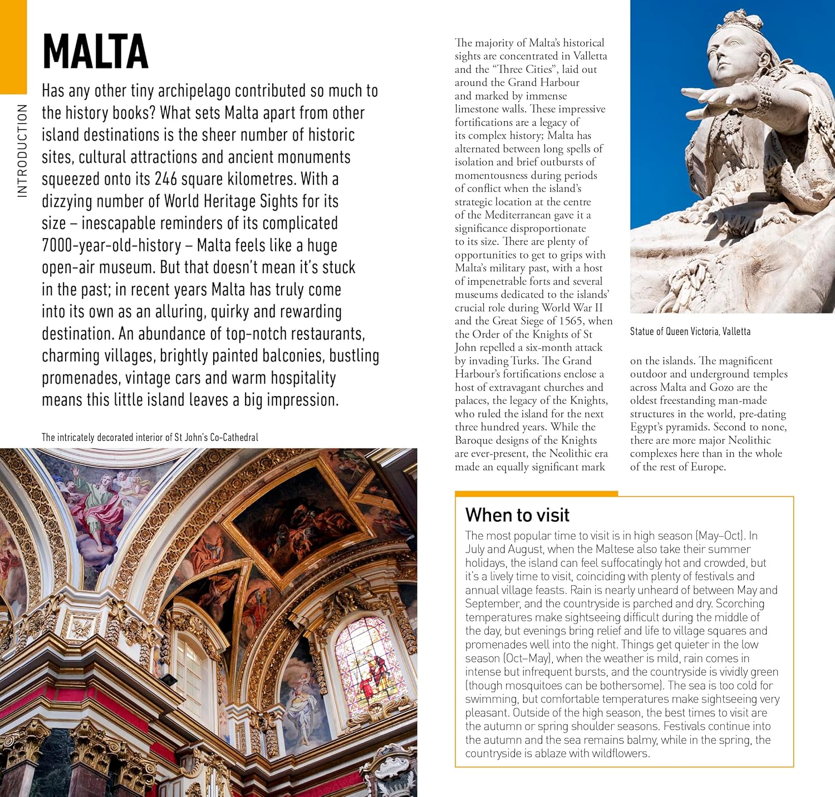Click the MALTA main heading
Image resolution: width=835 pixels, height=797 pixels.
click(x=95, y=52)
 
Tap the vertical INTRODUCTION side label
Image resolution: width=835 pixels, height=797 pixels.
click(x=22, y=151)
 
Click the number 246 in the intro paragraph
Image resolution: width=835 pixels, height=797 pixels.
click(x=166, y=179)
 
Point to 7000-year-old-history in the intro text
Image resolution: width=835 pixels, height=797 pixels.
click(x=111, y=245)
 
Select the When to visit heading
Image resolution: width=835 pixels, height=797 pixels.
click(x=517, y=515)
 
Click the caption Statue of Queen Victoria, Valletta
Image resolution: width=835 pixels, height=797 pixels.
click(x=690, y=331)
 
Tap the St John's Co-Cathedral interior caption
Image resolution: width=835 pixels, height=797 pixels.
click(x=150, y=437)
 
